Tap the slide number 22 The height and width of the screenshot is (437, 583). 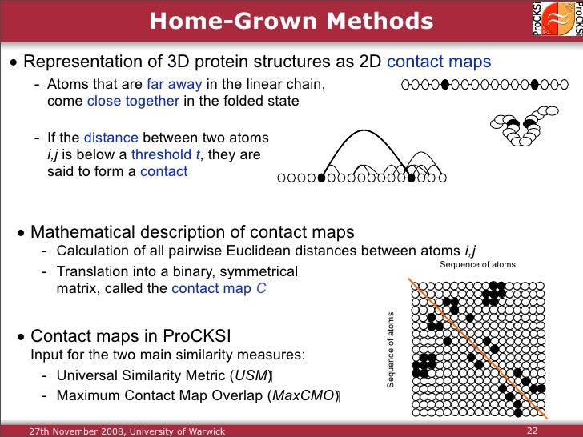coord(532,431)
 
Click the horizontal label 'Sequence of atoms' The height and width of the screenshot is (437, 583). coord(478,265)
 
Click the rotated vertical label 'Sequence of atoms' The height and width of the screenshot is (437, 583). coord(392,350)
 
